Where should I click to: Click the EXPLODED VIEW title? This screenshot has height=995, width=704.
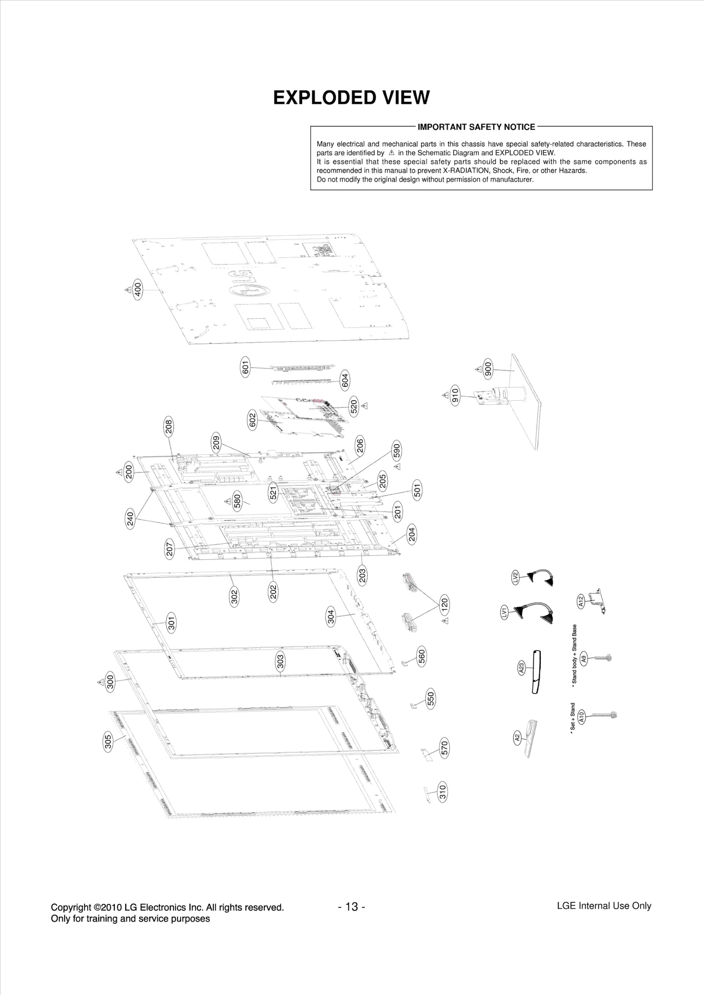click(351, 98)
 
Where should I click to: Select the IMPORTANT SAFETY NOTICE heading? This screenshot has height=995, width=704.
click(476, 127)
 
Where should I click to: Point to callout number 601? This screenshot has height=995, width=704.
click(246, 367)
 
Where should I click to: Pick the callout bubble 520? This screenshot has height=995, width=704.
click(354, 407)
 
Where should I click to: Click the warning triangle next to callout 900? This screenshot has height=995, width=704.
click(479, 369)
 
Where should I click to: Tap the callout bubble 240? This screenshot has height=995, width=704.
click(130, 520)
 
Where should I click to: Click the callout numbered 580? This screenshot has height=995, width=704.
click(237, 501)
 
